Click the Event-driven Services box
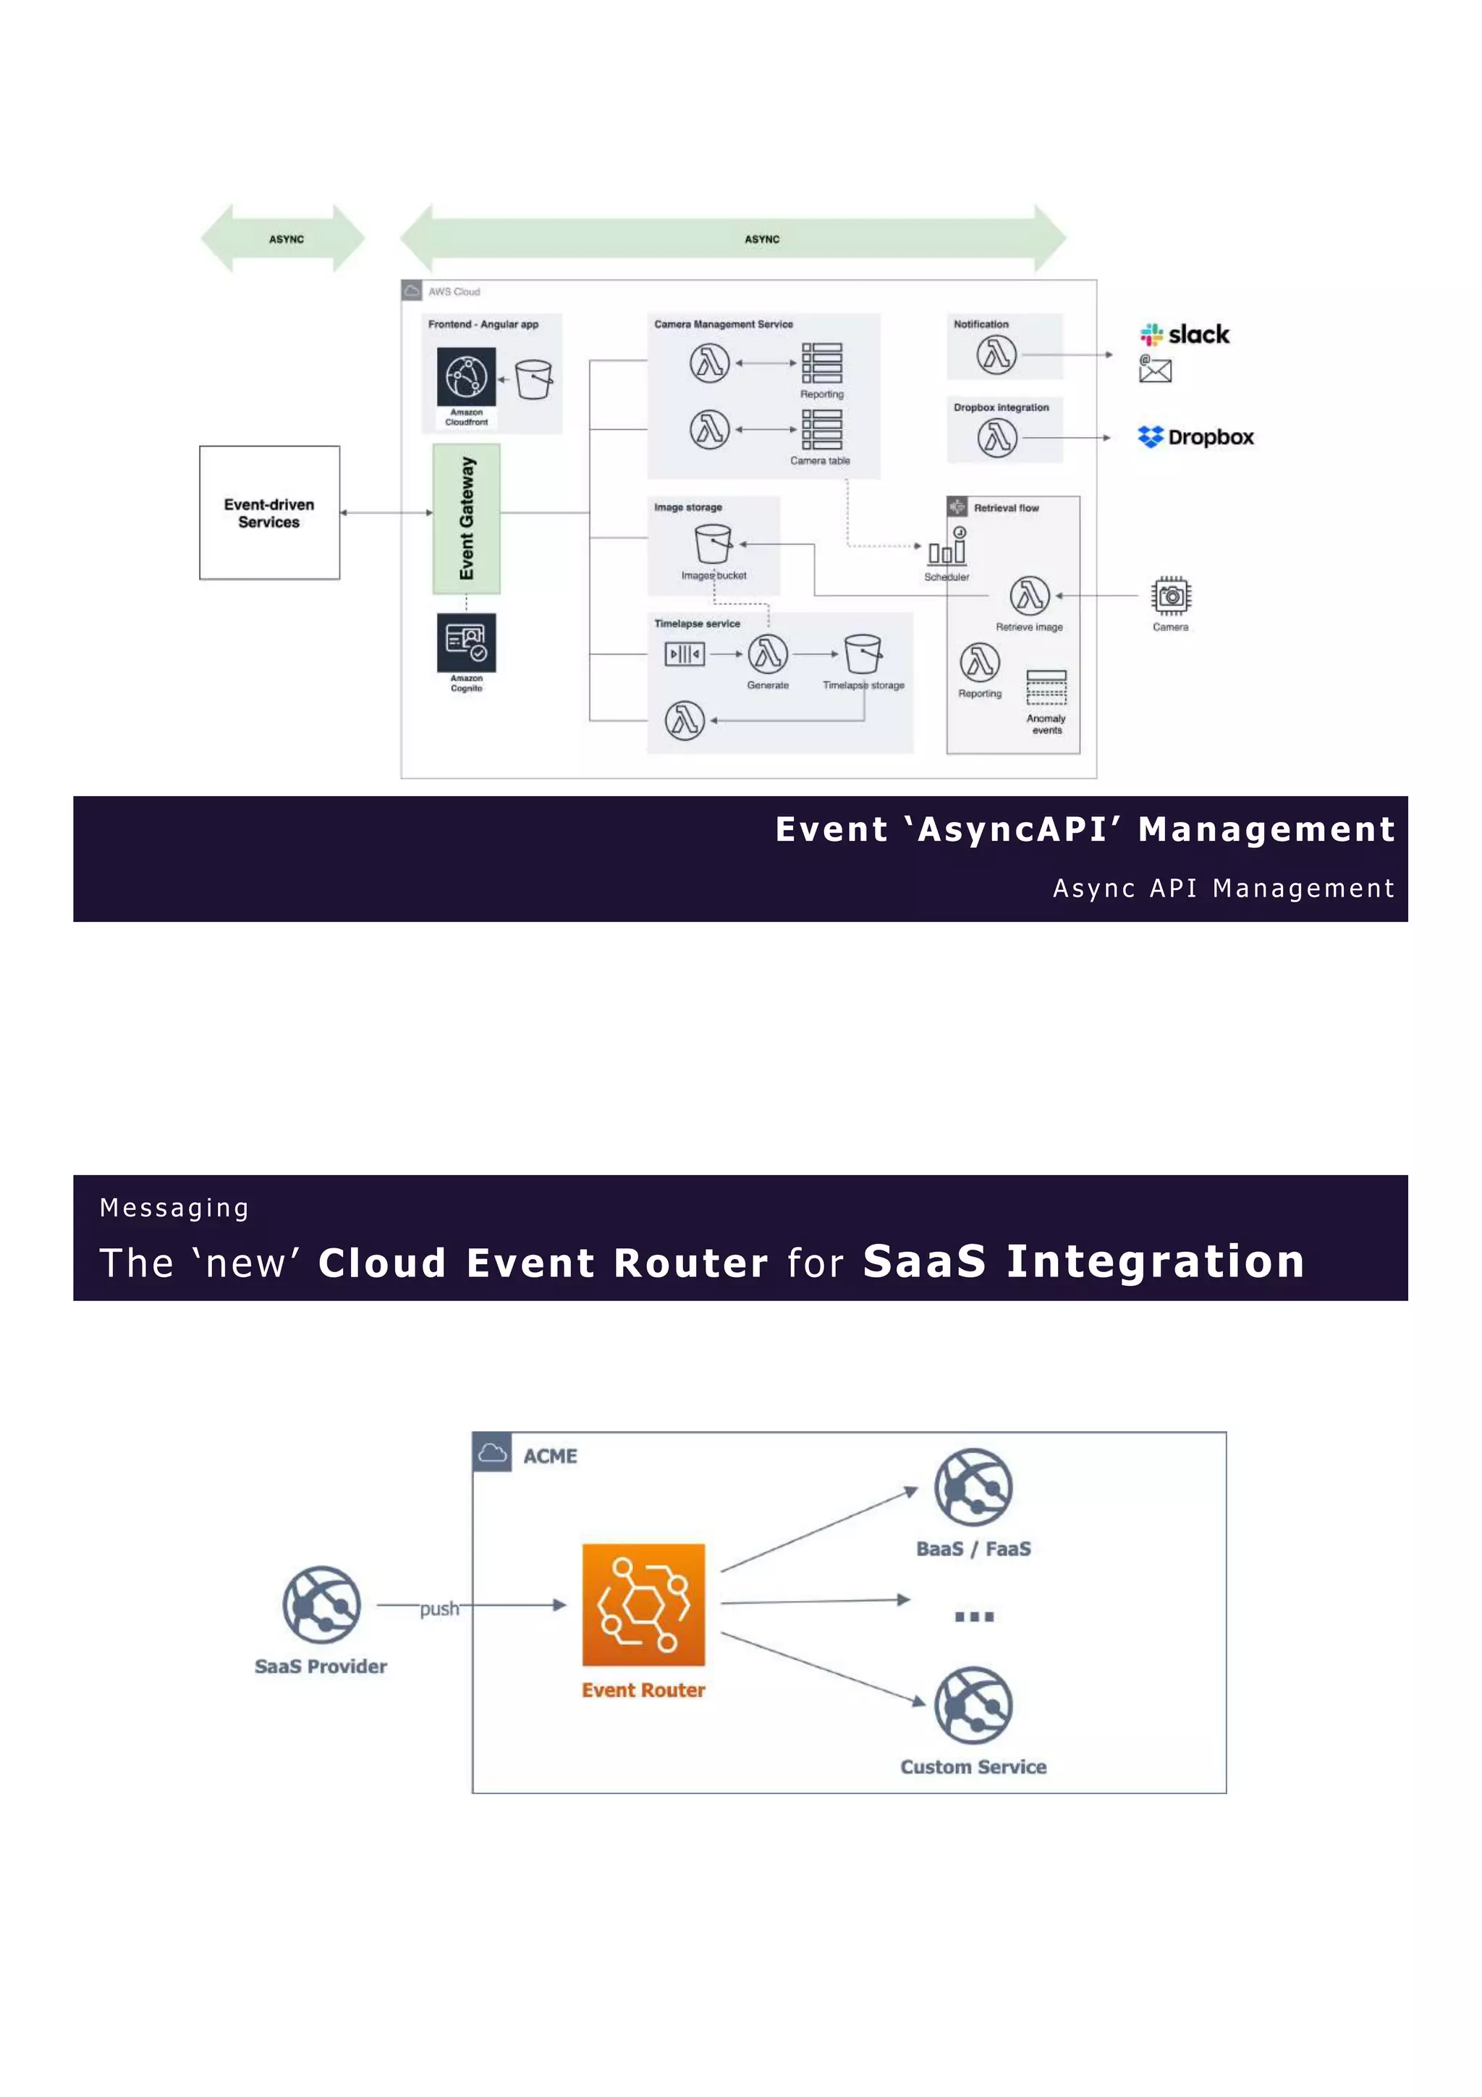click(269, 512)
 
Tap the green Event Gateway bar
click(466, 518)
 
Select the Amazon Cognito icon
click(466, 642)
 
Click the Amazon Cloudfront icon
click(466, 376)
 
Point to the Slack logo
click(1185, 334)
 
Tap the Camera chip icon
click(1171, 596)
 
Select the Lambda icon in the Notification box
click(996, 355)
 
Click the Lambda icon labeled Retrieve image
click(1029, 596)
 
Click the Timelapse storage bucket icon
click(863, 654)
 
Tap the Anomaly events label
click(1046, 724)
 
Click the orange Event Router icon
click(643, 1605)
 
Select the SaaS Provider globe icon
click(321, 1605)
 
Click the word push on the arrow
click(439, 1609)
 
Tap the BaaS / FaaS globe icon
click(973, 1487)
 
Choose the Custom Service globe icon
click(973, 1706)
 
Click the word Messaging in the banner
click(174, 1208)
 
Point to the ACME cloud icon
click(492, 1452)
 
